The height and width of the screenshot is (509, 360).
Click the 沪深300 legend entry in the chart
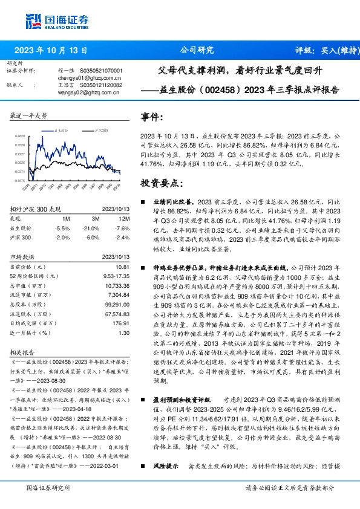(102, 129)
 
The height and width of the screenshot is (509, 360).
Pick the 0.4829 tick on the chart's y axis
(20, 137)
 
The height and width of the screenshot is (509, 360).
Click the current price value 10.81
(122, 267)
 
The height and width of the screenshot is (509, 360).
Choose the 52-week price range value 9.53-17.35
(116, 276)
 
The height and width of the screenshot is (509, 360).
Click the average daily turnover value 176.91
(121, 323)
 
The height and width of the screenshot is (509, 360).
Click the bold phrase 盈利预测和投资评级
(182, 400)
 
